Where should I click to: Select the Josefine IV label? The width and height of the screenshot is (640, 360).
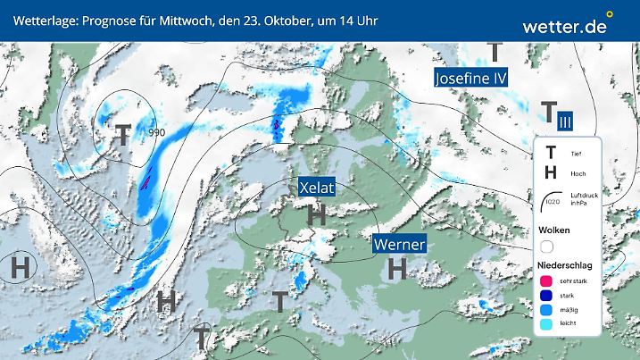[470, 79]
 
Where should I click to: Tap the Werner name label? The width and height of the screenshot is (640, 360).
[399, 244]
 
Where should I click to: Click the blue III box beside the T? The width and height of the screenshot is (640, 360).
[565, 120]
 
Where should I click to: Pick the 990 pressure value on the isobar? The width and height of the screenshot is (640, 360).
[156, 133]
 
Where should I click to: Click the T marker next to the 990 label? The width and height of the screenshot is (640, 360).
[123, 135]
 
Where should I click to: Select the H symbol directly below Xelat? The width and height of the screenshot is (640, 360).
[315, 214]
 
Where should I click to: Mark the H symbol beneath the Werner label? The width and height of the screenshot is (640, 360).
[398, 267]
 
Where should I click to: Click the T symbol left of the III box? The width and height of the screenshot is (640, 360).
[546, 113]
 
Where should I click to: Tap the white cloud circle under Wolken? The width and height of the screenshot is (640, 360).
[547, 247]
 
